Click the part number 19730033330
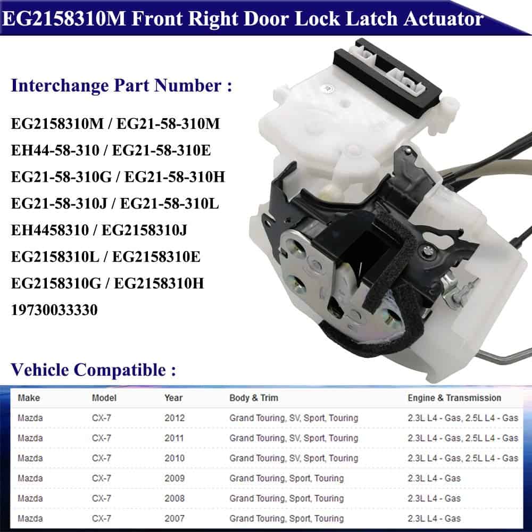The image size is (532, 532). [54, 310]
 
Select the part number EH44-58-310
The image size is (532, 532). [55, 151]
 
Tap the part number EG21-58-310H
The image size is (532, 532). [174, 177]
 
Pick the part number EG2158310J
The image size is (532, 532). [144, 230]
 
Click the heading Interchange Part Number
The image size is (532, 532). [116, 85]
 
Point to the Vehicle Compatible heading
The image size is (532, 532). [88, 370]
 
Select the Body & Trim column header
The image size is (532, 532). [254, 397]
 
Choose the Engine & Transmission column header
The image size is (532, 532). [454, 397]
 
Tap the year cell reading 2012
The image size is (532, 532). [174, 418]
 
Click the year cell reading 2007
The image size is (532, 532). [174, 518]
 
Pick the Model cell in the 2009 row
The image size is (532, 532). [102, 478]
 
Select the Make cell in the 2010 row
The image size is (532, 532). [30, 458]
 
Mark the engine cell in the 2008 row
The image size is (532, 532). [434, 498]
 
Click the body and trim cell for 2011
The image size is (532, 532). [294, 438]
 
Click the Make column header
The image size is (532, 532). [29, 397]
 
